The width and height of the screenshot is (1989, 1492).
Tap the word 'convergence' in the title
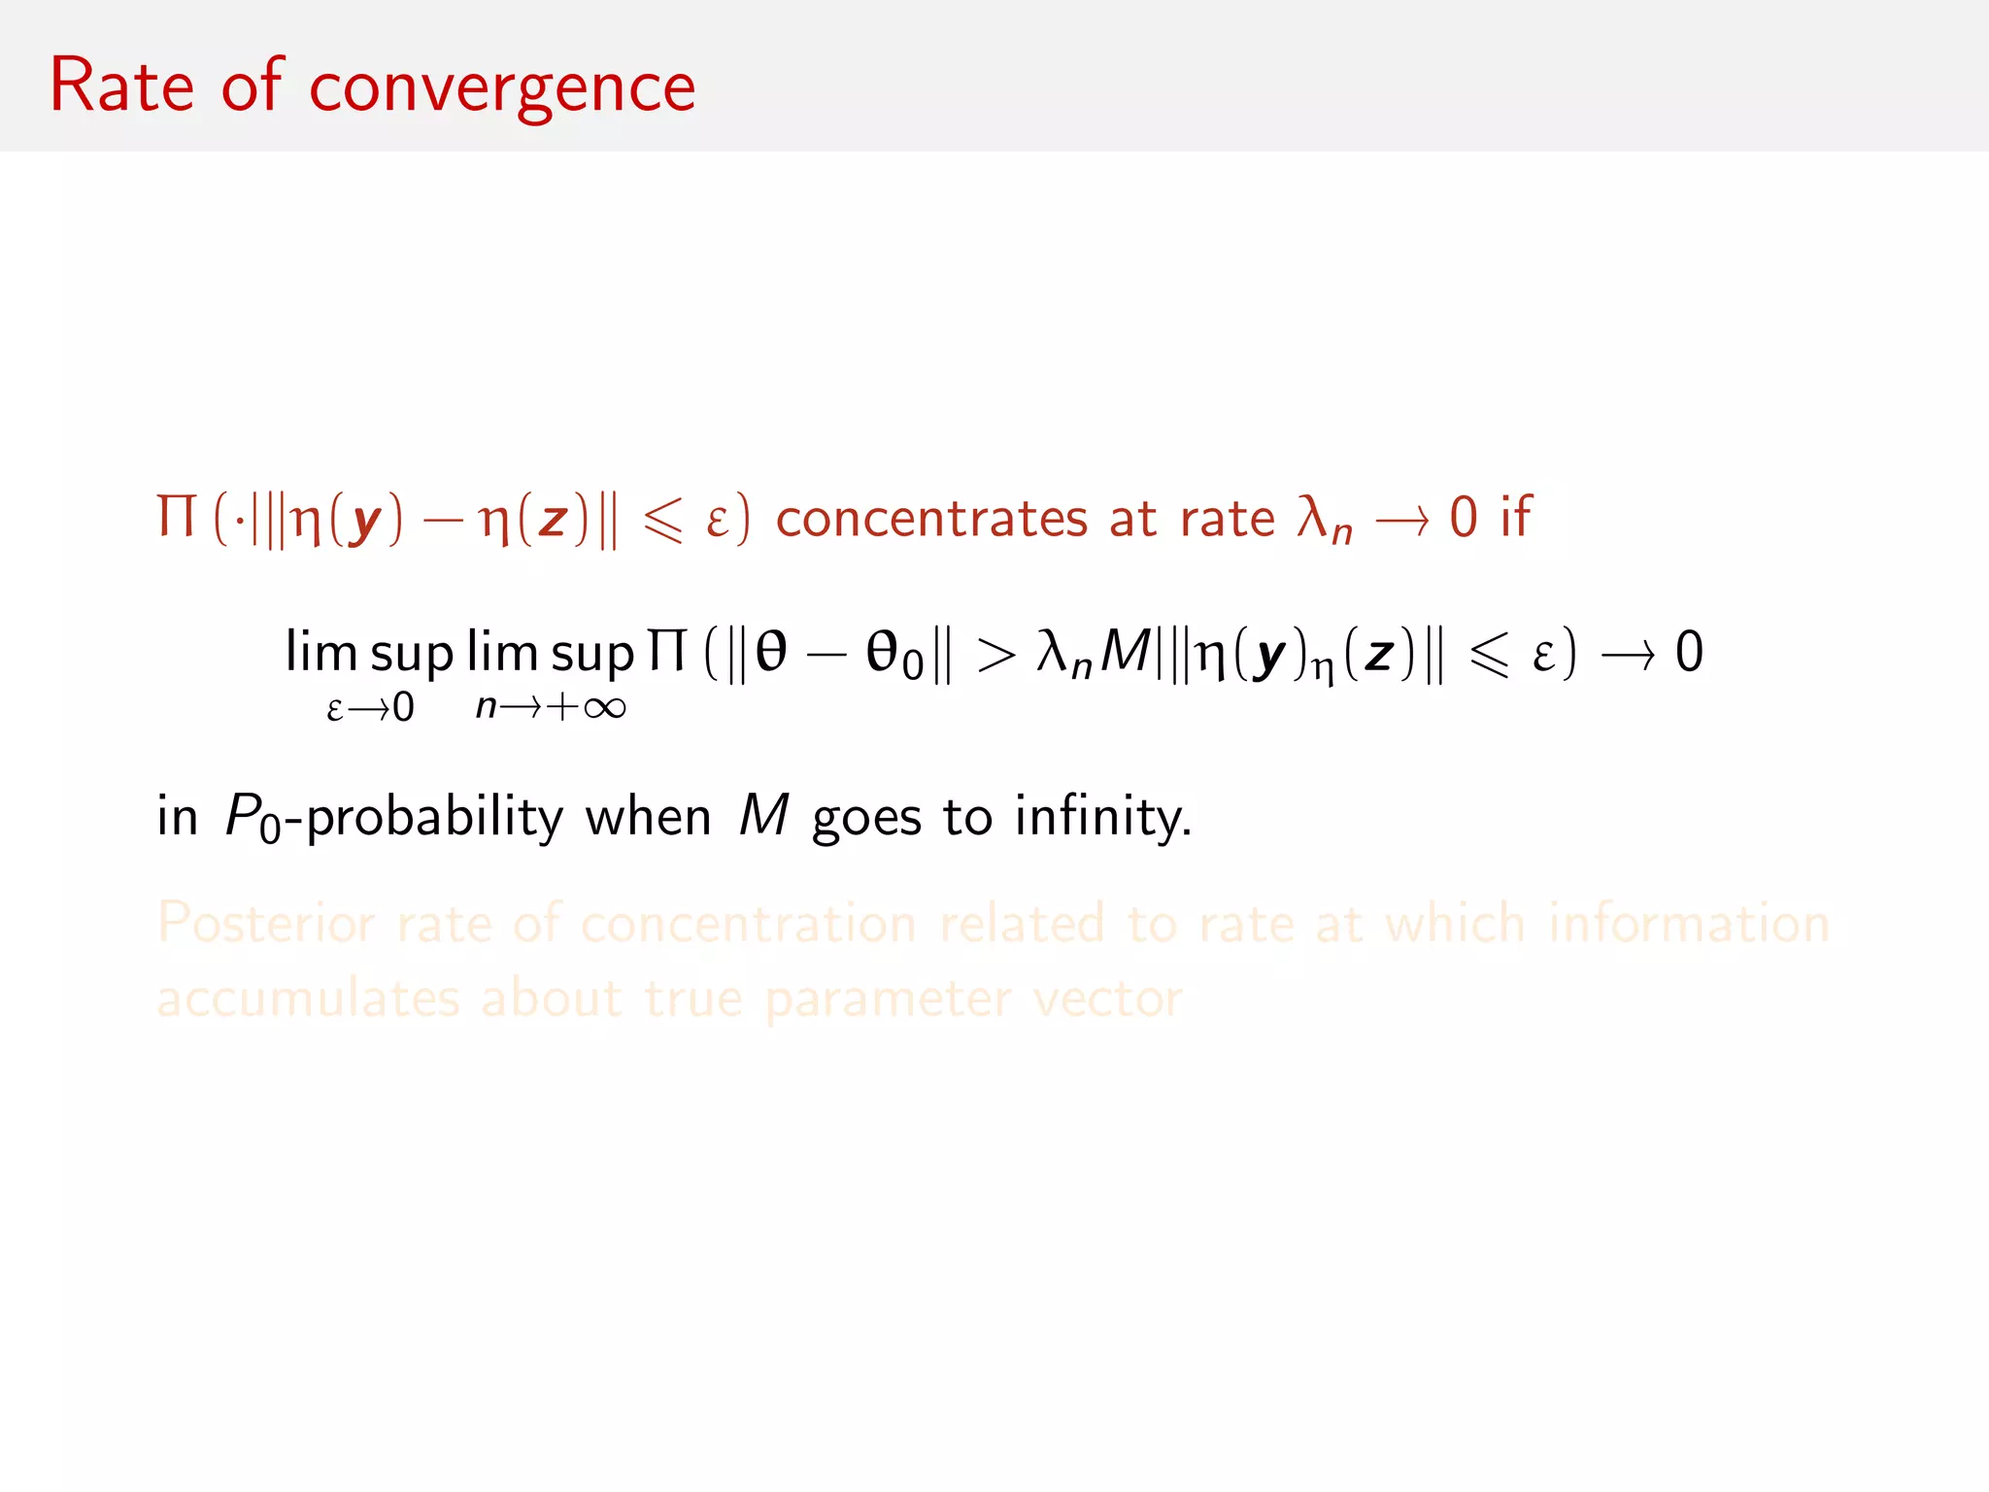(502, 89)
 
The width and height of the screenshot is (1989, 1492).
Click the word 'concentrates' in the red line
(930, 518)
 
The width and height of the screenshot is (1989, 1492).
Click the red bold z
(553, 519)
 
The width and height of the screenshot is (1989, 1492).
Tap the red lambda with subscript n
(1324, 520)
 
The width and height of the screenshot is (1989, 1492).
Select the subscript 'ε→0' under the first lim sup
(370, 708)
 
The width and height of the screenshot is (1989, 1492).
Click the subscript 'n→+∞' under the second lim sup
(551, 706)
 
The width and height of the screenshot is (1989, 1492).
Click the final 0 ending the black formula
(1689, 652)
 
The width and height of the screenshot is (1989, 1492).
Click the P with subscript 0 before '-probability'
(252, 817)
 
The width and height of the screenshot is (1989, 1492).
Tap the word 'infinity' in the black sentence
(1102, 816)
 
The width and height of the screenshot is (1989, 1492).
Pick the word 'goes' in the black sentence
(866, 819)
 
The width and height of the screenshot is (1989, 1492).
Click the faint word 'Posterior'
(266, 923)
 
